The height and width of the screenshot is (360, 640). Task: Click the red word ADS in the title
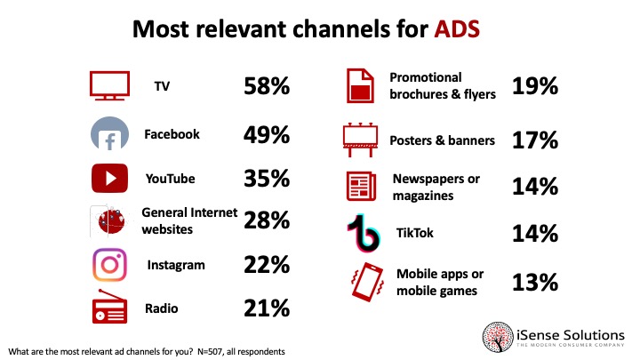click(x=457, y=29)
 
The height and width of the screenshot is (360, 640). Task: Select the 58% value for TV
click(x=267, y=86)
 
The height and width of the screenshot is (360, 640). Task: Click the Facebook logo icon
click(x=109, y=133)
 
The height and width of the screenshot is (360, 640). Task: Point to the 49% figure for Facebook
click(x=267, y=135)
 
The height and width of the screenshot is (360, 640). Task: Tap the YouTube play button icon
click(x=109, y=179)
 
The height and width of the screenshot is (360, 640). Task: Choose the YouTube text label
click(x=170, y=179)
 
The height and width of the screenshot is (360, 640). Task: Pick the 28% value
click(x=267, y=220)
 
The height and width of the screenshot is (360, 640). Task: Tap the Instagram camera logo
click(x=109, y=265)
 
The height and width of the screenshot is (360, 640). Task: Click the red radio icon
click(x=109, y=307)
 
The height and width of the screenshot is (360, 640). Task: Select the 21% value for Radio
click(x=267, y=308)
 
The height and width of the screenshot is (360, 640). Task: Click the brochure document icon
click(x=360, y=85)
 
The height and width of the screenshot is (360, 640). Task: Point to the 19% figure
click(x=535, y=86)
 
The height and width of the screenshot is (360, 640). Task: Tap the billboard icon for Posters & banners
click(x=360, y=140)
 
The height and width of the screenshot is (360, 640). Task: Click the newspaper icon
click(x=361, y=187)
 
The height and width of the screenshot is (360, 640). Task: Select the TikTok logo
click(x=364, y=232)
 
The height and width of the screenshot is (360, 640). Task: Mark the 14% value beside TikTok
click(x=535, y=234)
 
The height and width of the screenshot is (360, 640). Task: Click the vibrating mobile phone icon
click(x=367, y=282)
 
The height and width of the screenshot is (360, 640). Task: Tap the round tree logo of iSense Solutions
click(x=498, y=337)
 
